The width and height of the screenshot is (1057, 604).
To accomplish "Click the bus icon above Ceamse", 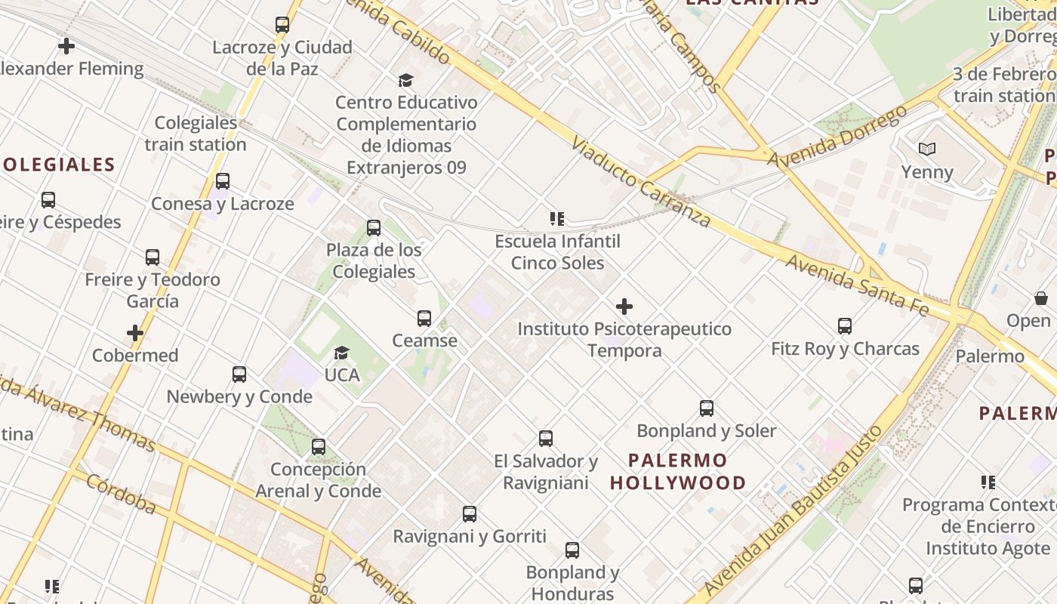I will click(x=424, y=319).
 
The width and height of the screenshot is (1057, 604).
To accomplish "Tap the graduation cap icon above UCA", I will click(x=342, y=353).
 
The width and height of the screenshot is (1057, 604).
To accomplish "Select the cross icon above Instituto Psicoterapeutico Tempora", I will click(x=624, y=307).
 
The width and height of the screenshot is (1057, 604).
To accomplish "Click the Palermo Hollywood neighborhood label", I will click(x=678, y=471).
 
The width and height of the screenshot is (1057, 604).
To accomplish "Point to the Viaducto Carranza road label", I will click(x=641, y=182).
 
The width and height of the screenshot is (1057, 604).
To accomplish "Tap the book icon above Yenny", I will click(x=927, y=149).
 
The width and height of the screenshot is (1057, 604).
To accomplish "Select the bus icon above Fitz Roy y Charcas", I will click(x=845, y=326).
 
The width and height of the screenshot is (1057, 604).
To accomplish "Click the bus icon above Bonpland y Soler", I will click(x=707, y=408).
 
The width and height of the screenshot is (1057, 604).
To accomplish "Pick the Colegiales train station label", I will click(x=196, y=134).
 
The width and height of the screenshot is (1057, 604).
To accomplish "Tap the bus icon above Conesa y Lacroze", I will click(x=223, y=181).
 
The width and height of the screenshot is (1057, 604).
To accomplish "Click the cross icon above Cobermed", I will click(x=135, y=333).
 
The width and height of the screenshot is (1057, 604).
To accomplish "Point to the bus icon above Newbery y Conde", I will click(x=239, y=374).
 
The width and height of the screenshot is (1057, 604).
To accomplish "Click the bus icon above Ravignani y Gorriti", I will click(x=470, y=514).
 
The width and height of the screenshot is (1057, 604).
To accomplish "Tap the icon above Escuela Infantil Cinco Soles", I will click(x=557, y=219).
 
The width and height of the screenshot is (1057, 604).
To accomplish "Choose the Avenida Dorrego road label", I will click(x=837, y=137).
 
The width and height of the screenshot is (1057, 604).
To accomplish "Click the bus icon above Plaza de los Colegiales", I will click(x=374, y=228).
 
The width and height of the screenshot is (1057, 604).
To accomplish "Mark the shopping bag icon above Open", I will click(x=1041, y=298).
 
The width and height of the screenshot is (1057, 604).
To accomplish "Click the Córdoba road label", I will click(x=121, y=494).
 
